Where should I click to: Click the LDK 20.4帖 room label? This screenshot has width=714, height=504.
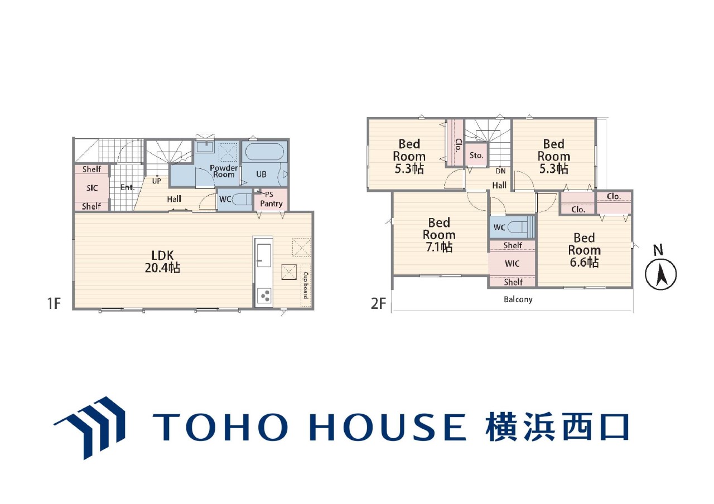162,261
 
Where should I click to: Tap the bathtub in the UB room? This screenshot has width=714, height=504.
264,152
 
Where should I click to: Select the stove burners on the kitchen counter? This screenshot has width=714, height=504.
264,295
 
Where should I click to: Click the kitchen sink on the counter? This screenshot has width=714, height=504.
264,255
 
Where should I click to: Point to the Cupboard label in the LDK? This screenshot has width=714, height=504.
305,285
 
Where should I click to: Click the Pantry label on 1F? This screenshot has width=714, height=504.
271,203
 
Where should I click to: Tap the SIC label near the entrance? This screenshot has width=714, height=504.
92,188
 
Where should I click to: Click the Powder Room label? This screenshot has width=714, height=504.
224,171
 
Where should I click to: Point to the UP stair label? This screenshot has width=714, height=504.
156,181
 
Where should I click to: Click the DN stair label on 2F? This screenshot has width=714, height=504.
500,171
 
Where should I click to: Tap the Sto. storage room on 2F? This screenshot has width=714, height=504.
476,155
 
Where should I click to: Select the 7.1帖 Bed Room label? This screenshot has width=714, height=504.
439,235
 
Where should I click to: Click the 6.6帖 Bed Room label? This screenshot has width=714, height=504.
584,250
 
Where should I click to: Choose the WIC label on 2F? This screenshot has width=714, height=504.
512,264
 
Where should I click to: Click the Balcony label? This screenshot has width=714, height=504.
518,299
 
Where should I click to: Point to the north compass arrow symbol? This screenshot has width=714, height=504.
660,274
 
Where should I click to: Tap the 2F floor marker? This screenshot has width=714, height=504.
378,303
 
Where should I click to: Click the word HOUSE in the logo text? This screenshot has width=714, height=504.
388,427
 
